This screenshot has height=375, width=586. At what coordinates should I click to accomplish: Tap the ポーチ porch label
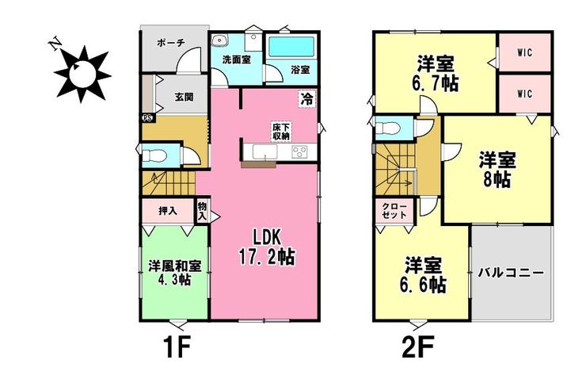[x=171, y=42]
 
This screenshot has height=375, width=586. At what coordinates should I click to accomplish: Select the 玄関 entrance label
[x=185, y=97]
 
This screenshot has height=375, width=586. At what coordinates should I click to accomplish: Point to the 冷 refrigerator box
[x=307, y=99]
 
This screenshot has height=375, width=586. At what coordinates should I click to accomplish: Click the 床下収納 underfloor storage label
[x=281, y=132]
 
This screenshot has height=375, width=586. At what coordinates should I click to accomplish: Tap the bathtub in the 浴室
[x=292, y=48]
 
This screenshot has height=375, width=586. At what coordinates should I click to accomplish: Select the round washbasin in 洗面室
[x=219, y=40]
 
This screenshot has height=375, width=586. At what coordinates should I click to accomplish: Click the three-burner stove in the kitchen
[x=300, y=151]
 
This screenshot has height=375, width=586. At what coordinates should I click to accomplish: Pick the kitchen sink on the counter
[x=264, y=152]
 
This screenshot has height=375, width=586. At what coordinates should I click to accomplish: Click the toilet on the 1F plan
[x=154, y=155]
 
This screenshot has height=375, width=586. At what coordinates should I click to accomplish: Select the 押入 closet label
[x=168, y=211]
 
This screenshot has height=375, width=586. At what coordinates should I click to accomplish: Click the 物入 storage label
[x=202, y=211]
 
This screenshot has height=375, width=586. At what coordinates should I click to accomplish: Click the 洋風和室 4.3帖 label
[x=175, y=272]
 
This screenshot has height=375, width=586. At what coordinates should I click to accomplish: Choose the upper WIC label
[x=525, y=52]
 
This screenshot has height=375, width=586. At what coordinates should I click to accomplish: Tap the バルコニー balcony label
[x=511, y=273]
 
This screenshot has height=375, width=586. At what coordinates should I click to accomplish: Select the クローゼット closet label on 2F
[x=394, y=211]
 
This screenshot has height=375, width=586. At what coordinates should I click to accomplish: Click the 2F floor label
[x=418, y=347]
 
